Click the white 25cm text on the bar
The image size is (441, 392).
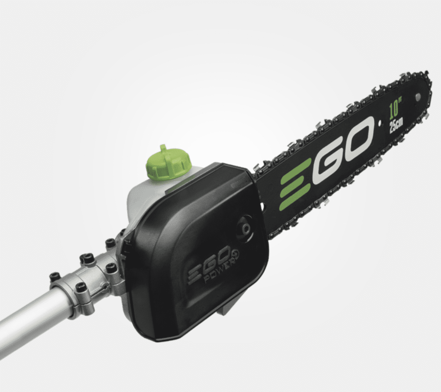[x=396, y=126]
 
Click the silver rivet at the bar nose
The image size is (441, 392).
[x=418, y=97]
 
